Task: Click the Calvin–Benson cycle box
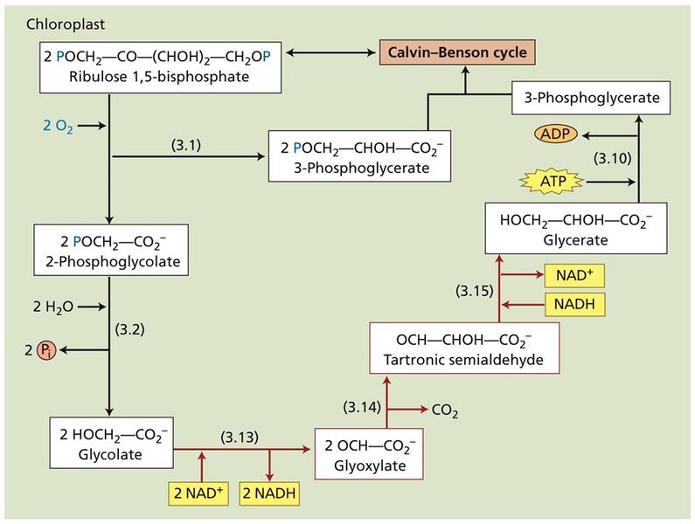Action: click(x=458, y=53)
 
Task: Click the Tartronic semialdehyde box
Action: click(x=464, y=348)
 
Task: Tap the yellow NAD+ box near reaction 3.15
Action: click(x=573, y=277)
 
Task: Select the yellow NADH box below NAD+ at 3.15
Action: click(x=573, y=305)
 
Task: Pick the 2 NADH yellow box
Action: click(x=269, y=493)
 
